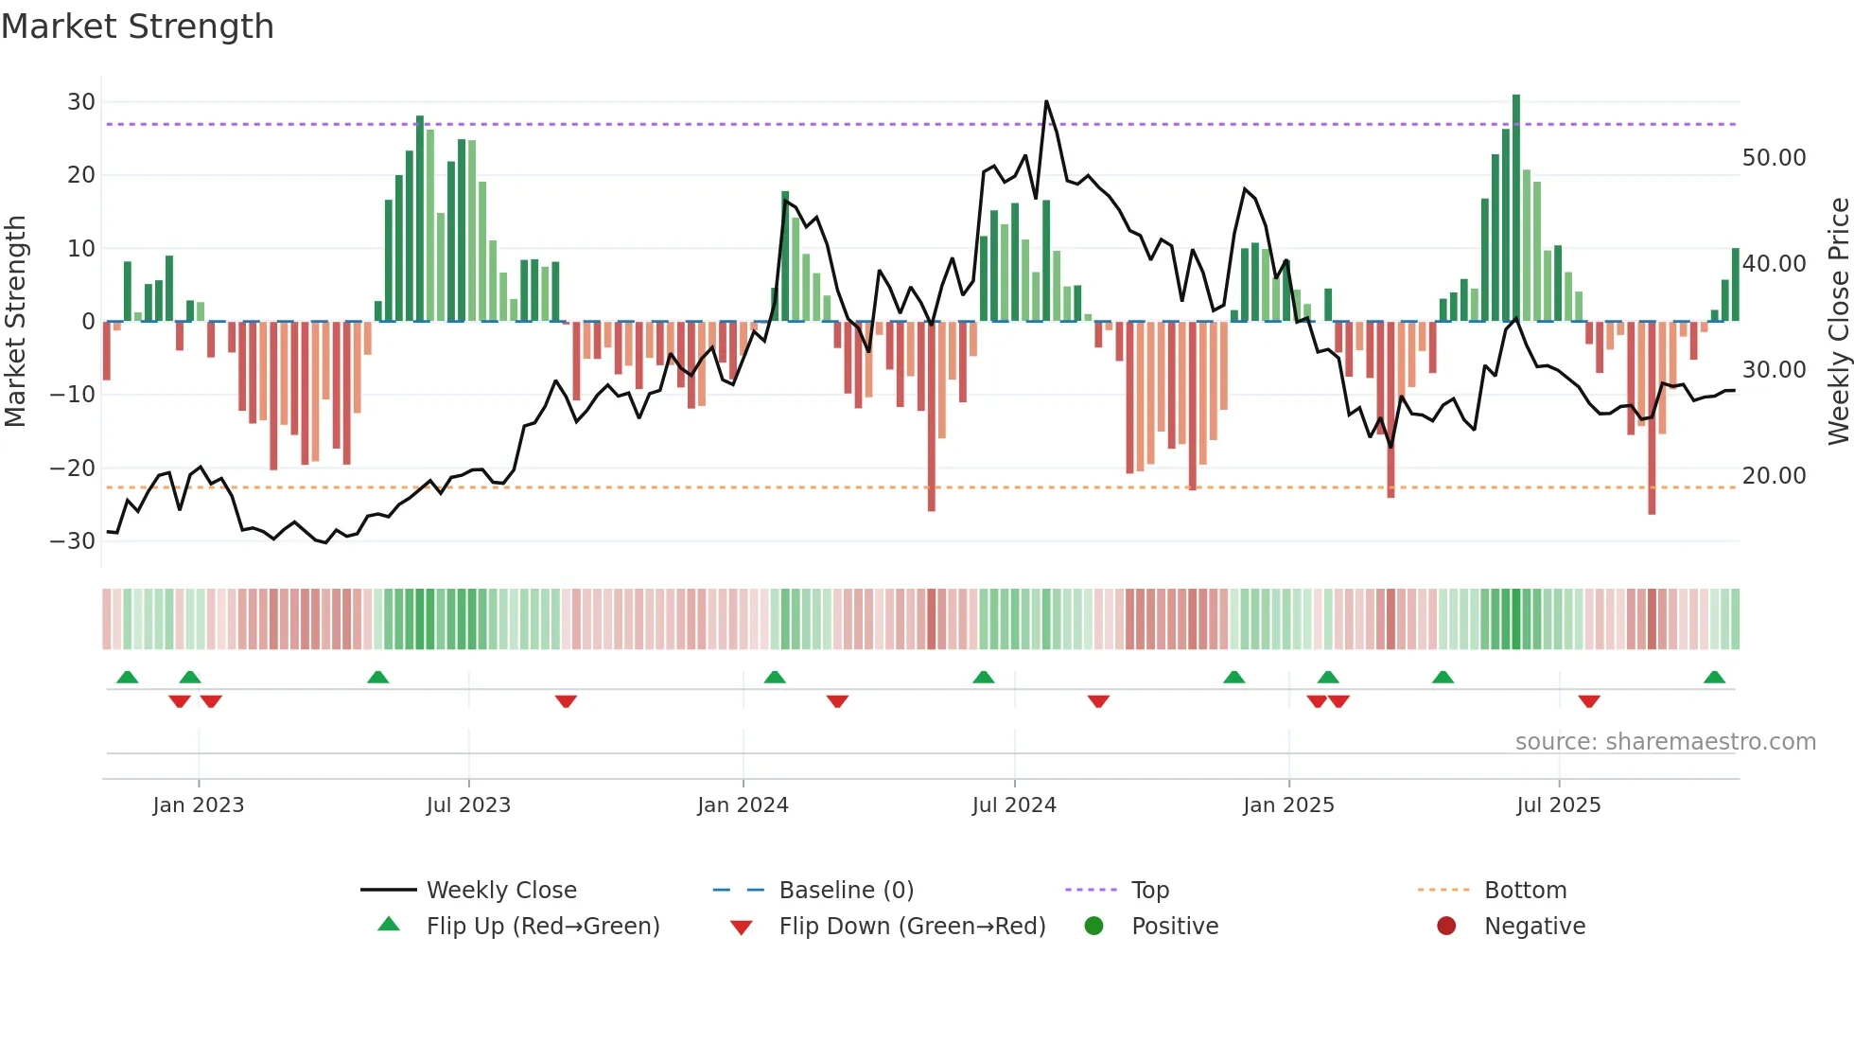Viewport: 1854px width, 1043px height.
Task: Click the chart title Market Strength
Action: coord(137,27)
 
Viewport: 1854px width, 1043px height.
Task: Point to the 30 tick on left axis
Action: coord(81,102)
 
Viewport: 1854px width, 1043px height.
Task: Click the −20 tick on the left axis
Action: coord(73,468)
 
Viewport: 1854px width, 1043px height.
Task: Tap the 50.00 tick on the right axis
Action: coord(1774,158)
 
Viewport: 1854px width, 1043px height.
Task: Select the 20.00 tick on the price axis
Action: coord(1774,476)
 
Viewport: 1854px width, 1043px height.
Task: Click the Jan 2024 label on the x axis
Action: coord(743,805)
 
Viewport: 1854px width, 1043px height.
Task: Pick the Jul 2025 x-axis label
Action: coord(1558,805)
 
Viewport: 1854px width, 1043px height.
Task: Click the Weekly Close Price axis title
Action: coord(1838,322)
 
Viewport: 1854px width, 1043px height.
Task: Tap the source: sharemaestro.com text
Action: coord(1665,742)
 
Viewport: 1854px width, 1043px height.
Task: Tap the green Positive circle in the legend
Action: coord(1094,927)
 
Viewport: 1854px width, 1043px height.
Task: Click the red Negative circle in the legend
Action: coord(1446,927)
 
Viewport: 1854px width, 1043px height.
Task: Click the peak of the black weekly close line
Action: coord(1046,101)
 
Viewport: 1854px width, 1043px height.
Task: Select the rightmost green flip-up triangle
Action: coord(1714,677)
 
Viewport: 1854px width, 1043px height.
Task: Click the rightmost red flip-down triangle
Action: coord(1589,701)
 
